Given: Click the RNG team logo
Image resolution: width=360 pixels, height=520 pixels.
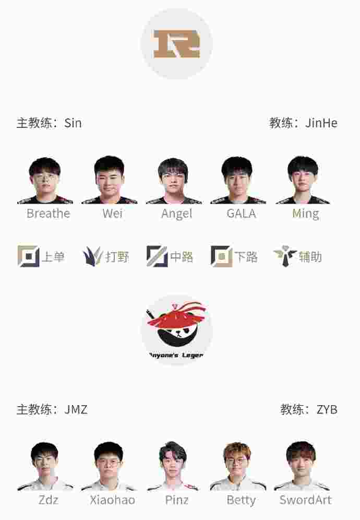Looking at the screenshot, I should (176, 44).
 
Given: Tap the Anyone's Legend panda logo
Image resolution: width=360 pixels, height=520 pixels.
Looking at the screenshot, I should (176, 330).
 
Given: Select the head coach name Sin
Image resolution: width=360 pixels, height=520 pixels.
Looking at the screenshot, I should (73, 123).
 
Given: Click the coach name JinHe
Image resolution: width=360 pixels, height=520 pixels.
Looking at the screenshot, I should (321, 123).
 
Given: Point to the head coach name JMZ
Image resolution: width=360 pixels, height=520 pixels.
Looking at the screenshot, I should (76, 409).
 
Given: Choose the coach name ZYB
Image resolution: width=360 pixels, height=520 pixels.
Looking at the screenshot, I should (327, 409).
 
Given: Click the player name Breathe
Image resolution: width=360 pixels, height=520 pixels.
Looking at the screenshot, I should (48, 214).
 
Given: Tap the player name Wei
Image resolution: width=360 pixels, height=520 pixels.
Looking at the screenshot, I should (112, 214).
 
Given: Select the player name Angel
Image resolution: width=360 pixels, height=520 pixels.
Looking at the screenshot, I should (176, 214).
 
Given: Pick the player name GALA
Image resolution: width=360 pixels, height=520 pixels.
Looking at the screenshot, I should (241, 214).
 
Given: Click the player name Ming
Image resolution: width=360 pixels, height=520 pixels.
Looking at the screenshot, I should (305, 214).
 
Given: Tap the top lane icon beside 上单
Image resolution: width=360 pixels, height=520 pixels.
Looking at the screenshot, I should (28, 256).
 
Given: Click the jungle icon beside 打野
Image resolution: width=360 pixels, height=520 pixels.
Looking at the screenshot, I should (92, 256).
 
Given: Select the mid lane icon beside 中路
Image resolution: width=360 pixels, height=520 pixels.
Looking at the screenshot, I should (157, 256).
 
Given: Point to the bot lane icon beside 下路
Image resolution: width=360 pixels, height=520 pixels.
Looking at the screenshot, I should (221, 256).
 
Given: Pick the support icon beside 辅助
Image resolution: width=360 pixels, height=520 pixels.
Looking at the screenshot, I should (285, 256).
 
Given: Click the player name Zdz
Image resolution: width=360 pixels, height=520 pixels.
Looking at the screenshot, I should (48, 500).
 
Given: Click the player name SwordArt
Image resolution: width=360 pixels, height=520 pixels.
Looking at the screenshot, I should (305, 500).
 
